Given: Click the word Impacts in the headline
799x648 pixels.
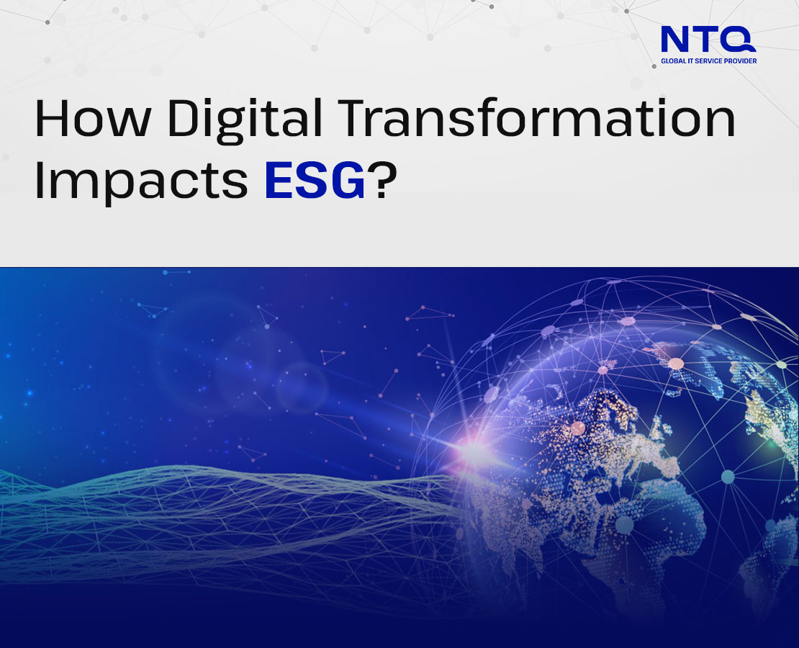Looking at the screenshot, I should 141,181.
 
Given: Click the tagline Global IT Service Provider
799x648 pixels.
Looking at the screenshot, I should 708,61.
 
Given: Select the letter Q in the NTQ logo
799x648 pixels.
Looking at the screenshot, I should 739,40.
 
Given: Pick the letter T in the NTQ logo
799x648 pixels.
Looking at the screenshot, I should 707,40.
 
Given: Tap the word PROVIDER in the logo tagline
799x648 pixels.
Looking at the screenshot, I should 741,61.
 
